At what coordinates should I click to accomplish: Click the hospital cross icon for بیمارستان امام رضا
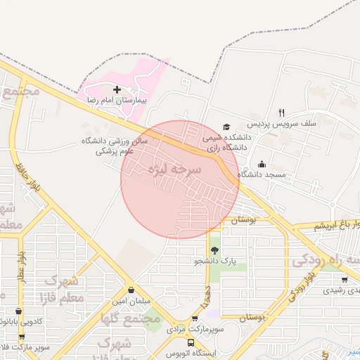coord(117,90)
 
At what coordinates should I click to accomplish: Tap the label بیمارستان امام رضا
coord(116,101)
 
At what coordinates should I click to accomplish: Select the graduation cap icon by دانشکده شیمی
coord(226,127)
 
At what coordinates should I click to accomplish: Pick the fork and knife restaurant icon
coord(281,112)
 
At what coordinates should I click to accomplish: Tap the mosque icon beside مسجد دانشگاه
coord(262,164)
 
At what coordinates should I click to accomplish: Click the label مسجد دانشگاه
coord(261,174)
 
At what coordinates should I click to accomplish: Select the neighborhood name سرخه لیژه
coord(174,169)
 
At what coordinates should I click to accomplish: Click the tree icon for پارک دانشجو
coord(214,250)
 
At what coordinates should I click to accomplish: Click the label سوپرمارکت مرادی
coord(195,328)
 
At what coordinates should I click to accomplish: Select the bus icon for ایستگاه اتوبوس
coord(191,343)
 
